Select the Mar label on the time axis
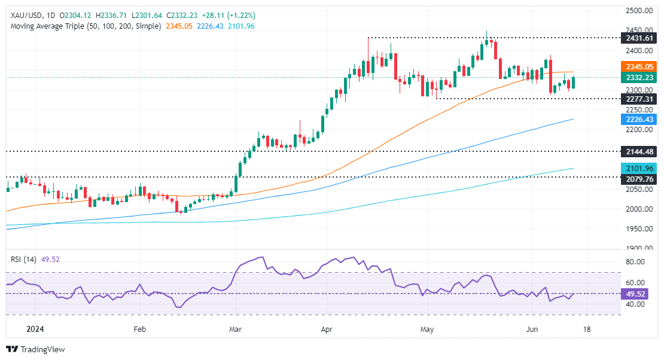234,328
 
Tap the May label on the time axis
427,328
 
